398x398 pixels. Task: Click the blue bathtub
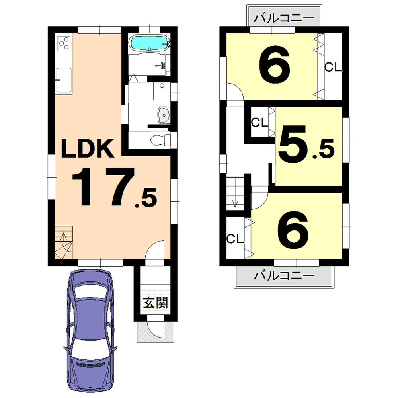tap(150, 43)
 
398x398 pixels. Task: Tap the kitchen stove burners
tap(64, 43)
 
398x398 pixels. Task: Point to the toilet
tap(159, 140)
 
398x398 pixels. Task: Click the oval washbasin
tap(163, 115)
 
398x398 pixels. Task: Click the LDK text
tap(88, 149)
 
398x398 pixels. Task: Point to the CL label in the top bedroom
tap(333, 68)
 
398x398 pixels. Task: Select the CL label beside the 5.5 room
tap(259, 123)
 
